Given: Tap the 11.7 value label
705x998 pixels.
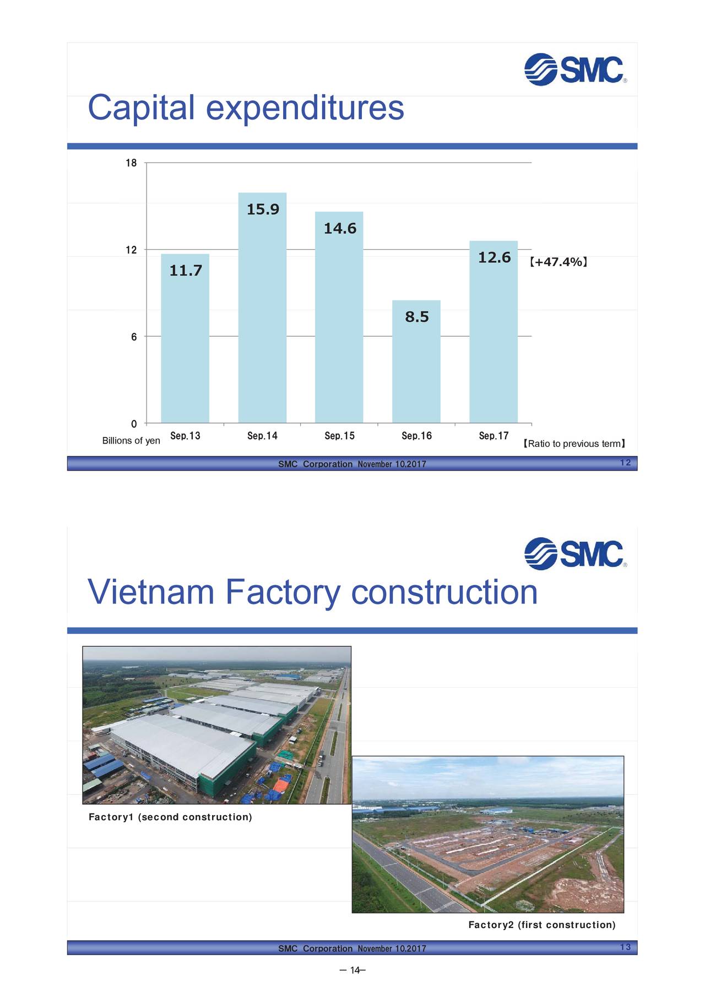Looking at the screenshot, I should (186, 271).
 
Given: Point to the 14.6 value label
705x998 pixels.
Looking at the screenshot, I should (340, 228).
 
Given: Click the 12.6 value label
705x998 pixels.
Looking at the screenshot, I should (494, 257).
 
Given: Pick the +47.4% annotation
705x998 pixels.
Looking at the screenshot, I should (558, 262).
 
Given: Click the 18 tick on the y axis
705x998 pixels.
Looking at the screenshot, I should (131, 163).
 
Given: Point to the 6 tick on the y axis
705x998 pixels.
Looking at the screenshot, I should (134, 337).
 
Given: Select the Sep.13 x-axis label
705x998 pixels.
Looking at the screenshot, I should (185, 436).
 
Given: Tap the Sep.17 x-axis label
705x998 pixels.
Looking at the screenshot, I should (493, 436).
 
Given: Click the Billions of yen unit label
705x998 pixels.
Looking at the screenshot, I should (131, 441).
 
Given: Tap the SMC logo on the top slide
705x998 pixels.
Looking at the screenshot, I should (574, 70).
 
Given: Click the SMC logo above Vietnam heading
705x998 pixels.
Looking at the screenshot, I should (574, 554).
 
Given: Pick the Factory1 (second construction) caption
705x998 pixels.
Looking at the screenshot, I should (170, 817).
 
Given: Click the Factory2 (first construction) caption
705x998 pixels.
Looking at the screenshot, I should (542, 925).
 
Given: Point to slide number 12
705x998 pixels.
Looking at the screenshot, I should (625, 463).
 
